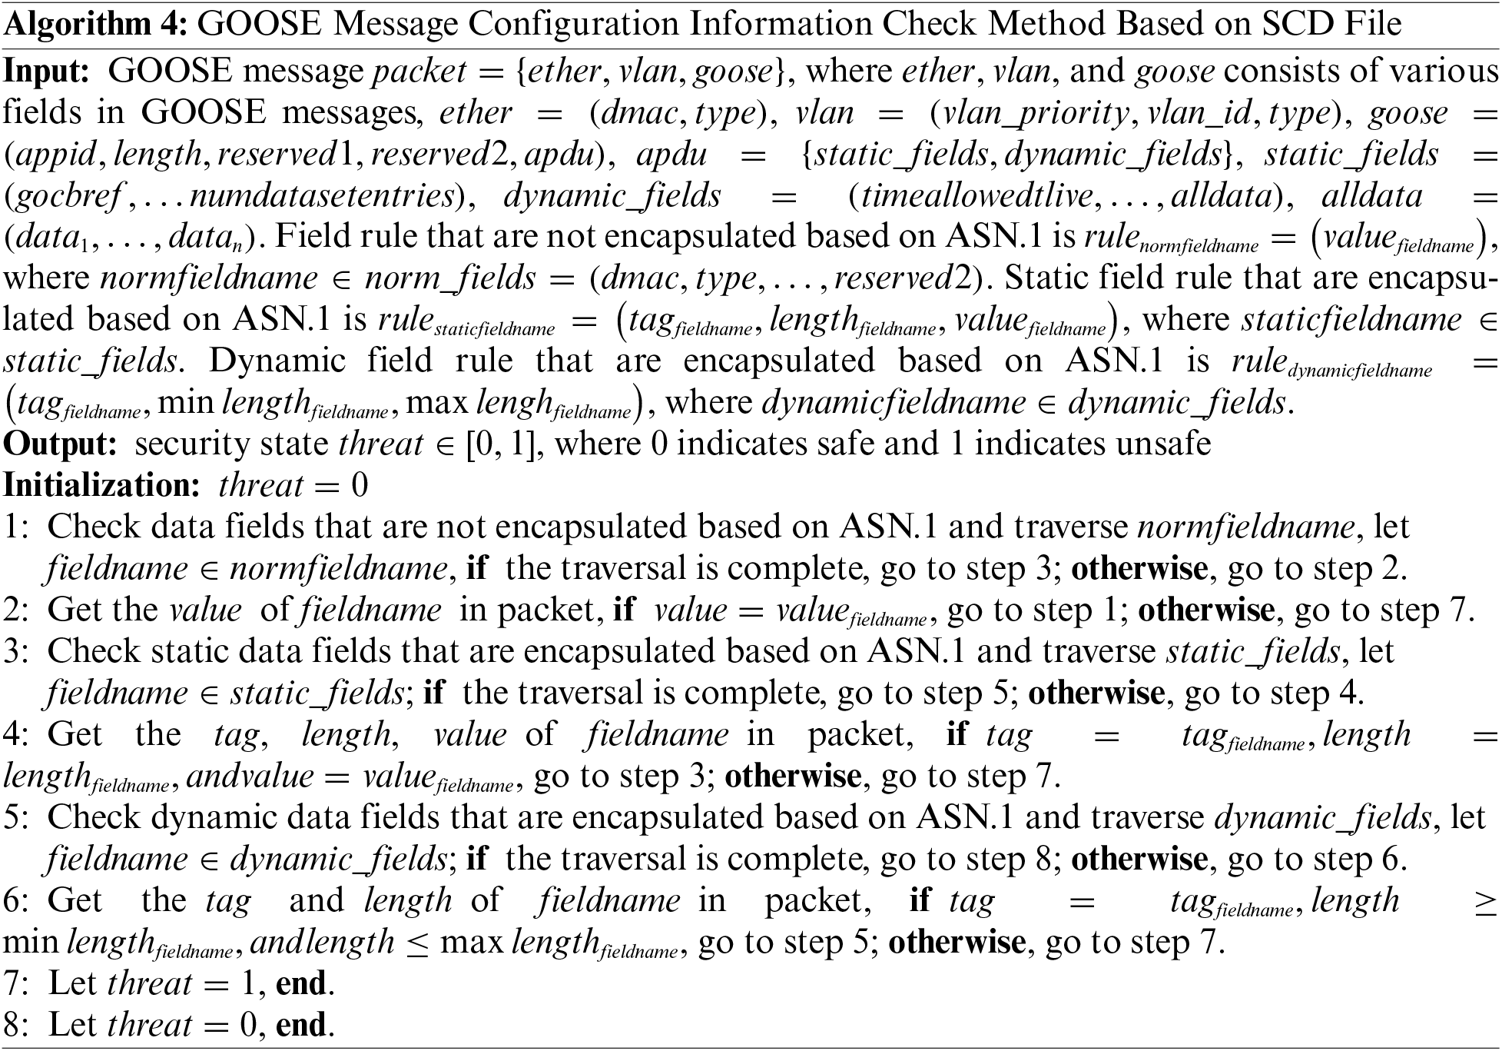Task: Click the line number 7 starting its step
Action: (x=14, y=984)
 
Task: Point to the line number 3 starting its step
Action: (x=14, y=652)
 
